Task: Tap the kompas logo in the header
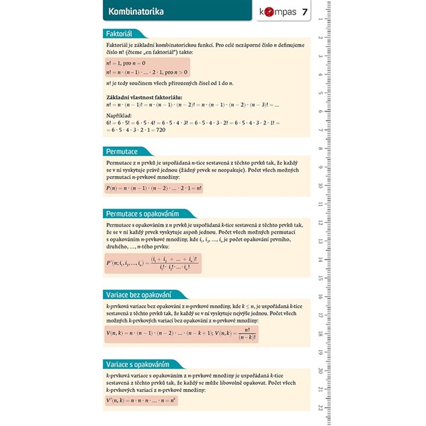275,12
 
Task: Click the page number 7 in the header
305,12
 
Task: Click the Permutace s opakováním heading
141,213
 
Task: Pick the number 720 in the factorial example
160,130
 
